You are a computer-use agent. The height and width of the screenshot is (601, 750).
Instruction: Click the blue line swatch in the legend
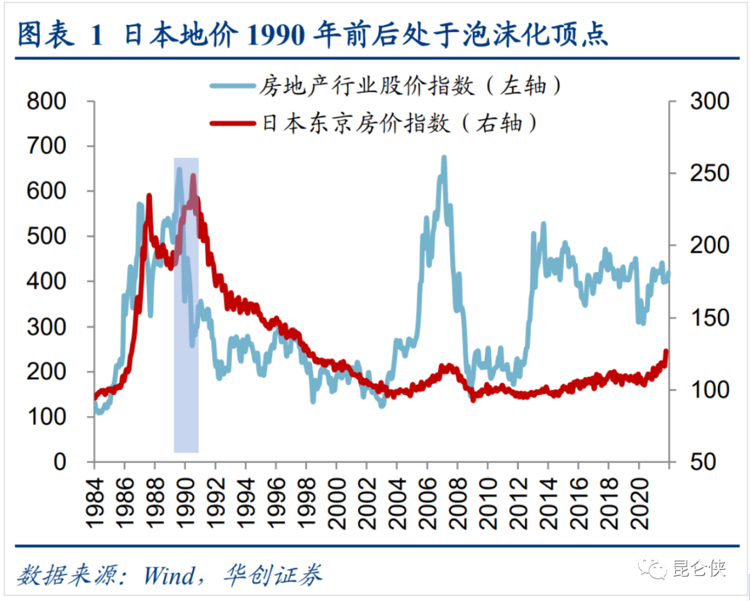click(x=233, y=85)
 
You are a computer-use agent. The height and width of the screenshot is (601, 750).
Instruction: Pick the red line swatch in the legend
click(x=233, y=124)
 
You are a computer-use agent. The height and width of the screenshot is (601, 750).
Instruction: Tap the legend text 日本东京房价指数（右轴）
click(x=400, y=124)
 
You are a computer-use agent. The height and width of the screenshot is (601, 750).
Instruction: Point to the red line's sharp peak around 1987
click(x=149, y=197)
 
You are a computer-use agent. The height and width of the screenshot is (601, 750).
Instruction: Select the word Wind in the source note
click(x=169, y=575)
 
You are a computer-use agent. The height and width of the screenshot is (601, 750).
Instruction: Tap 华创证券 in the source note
click(x=274, y=575)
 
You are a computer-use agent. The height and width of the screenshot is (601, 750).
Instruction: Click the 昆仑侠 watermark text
click(x=699, y=570)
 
